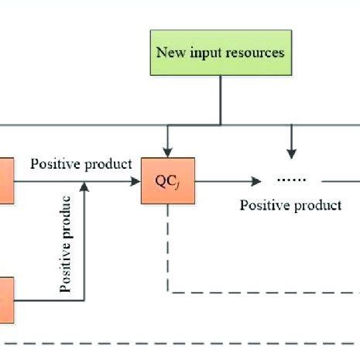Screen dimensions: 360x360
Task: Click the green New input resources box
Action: (221, 53)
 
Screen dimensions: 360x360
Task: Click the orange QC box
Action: (166, 181)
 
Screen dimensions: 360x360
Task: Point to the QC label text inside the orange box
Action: (166, 181)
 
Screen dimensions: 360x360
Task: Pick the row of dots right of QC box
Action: (292, 180)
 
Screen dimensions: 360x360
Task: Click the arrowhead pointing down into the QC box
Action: (166, 152)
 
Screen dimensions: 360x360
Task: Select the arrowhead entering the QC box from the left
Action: (135, 182)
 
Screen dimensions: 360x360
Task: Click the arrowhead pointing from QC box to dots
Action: (255, 182)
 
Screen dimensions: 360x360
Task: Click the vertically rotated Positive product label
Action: (67, 244)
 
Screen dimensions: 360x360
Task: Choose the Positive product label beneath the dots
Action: (290, 205)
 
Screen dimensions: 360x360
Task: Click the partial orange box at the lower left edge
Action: (6, 299)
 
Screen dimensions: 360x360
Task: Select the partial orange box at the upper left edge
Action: (6, 181)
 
